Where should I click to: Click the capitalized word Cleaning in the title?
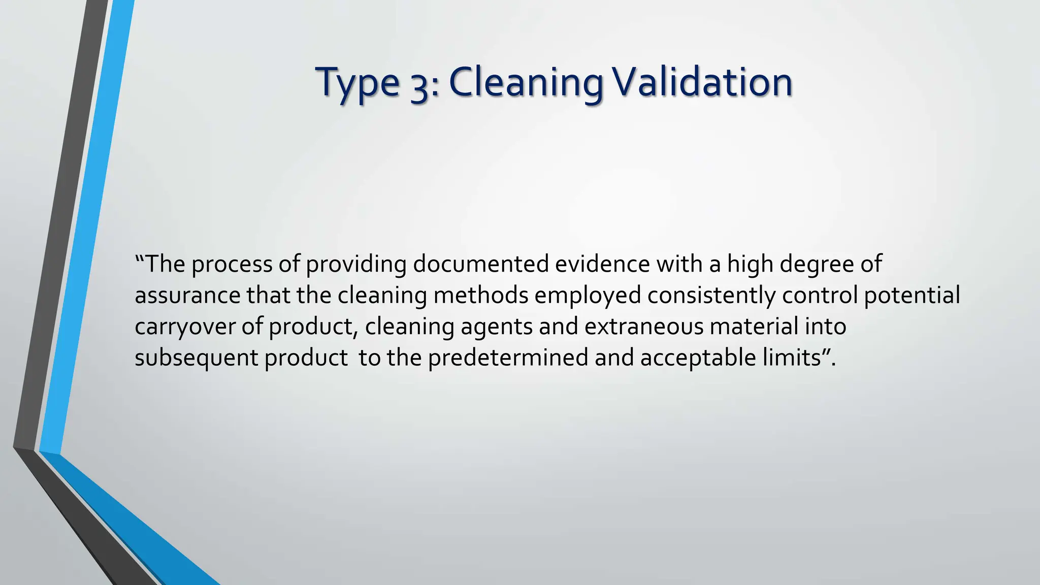[526, 83]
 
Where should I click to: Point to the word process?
[232, 265]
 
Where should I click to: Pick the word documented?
[480, 265]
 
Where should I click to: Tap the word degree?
[812, 265]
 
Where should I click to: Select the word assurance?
[187, 296]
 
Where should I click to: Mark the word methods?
[480, 296]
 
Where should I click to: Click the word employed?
[588, 296]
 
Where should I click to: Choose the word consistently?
[711, 296]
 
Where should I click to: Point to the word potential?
[912, 296]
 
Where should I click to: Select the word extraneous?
[644, 327]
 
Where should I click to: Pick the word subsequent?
[197, 357]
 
